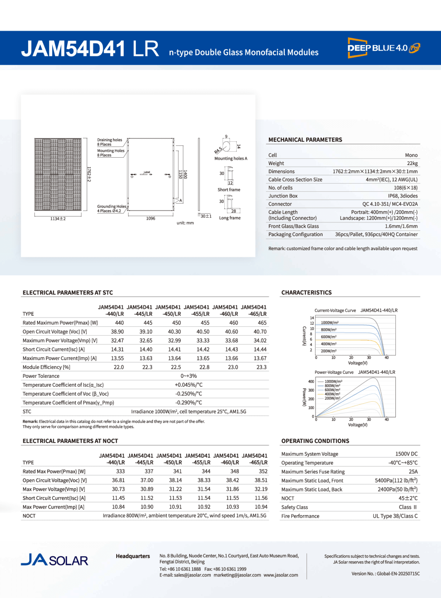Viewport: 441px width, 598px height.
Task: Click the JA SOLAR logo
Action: pyautogui.click(x=55, y=560)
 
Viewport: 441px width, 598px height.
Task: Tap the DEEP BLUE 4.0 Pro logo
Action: pyautogui.click(x=384, y=48)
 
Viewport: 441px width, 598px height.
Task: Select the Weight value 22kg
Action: pyautogui.click(x=412, y=163)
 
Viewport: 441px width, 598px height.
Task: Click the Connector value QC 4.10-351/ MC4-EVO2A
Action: pyautogui.click(x=390, y=204)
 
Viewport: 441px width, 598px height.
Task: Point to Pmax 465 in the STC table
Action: pyautogui.click(x=262, y=323)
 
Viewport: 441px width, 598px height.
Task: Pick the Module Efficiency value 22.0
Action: pyautogui.click(x=118, y=367)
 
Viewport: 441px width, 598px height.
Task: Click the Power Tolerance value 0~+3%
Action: pyautogui.click(x=189, y=376)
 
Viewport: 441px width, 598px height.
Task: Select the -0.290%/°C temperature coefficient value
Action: pyautogui.click(x=189, y=403)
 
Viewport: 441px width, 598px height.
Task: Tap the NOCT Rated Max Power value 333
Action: pyautogui.click(x=120, y=471)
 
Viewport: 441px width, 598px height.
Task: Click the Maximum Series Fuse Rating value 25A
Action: pyautogui.click(x=413, y=472)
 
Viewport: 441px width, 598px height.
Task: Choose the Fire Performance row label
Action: pyautogui.click(x=300, y=516)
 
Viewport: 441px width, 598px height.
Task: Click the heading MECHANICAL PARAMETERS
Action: pyautogui.click(x=305, y=140)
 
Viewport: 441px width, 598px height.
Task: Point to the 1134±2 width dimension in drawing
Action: pyautogui.click(x=58, y=219)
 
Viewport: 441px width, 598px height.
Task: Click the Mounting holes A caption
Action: pyautogui.click(x=231, y=159)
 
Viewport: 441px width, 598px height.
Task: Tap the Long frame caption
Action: pyautogui.click(x=230, y=218)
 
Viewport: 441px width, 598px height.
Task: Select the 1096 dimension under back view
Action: pyautogui.click(x=151, y=219)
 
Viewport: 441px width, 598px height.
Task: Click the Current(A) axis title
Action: pyautogui.click(x=304, y=336)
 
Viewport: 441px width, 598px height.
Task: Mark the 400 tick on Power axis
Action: pyautogui.click(x=311, y=382)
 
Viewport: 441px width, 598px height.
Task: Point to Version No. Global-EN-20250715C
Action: pyautogui.click(x=386, y=573)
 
